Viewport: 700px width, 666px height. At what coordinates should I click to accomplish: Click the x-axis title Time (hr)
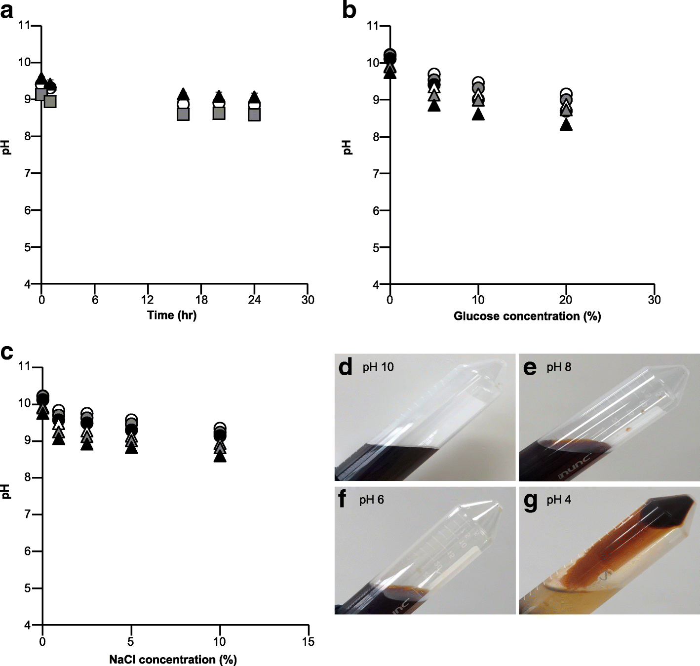point(172,315)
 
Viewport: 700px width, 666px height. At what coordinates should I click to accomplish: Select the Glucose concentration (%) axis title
point(527,316)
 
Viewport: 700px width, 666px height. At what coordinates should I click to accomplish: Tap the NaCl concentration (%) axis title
point(173,660)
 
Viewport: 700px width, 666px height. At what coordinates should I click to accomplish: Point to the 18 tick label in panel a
point(201,300)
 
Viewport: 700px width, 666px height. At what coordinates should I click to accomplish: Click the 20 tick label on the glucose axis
point(566,300)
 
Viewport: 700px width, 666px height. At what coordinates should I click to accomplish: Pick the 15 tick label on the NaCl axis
point(308,641)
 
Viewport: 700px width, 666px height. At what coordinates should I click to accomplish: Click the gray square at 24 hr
point(254,115)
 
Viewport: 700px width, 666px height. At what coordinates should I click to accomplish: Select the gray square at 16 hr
point(183,114)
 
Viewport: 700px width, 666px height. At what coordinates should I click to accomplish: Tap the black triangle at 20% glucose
point(566,125)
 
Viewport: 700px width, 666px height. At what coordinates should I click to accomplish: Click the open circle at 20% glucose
point(566,93)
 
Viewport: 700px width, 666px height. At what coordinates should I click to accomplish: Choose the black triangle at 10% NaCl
point(220,457)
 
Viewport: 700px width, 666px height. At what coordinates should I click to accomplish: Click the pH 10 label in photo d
point(378,367)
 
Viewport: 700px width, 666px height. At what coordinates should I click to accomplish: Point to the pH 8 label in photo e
point(559,367)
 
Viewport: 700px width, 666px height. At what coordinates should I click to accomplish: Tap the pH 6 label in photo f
point(372,500)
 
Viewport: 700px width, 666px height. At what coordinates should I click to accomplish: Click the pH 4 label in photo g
point(559,500)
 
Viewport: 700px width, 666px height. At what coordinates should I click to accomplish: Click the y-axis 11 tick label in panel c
point(24,366)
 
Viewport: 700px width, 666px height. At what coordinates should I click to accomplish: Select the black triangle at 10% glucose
point(478,114)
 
